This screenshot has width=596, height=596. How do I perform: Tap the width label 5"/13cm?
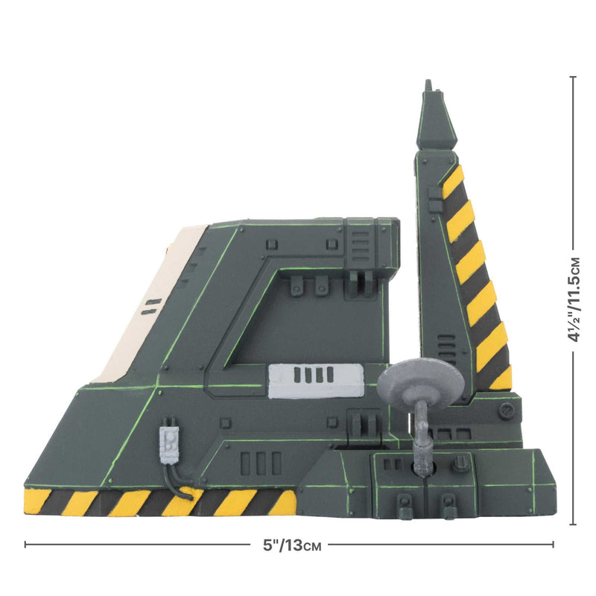(x=287, y=545)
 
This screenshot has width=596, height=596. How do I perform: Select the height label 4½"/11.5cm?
(x=573, y=298)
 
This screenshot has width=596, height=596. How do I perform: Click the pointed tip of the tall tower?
(x=428, y=86)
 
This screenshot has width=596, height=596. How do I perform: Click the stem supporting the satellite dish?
(x=422, y=440)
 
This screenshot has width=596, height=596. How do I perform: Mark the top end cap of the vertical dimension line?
(x=573, y=77)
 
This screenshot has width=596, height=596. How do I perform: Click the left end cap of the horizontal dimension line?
(x=25, y=545)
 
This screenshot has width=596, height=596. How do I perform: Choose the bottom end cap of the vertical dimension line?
(x=573, y=524)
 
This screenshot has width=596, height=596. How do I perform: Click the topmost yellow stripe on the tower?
(x=452, y=182)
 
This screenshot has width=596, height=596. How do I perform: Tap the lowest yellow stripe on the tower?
(x=502, y=378)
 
